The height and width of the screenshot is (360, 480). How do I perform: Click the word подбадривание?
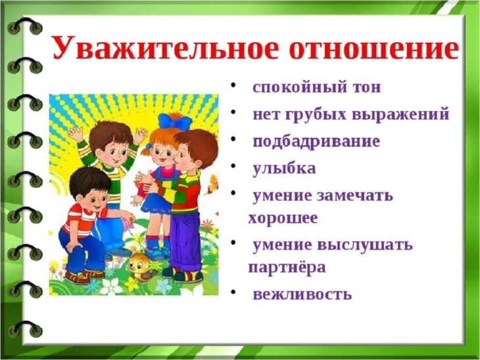[x=316, y=142]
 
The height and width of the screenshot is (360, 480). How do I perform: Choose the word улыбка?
[x=284, y=169]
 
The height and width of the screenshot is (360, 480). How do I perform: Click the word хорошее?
[x=283, y=218]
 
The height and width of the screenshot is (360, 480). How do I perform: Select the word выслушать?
[x=365, y=245]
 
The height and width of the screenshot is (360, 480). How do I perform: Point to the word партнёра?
[x=287, y=268]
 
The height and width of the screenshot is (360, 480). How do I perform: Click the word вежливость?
[x=302, y=294]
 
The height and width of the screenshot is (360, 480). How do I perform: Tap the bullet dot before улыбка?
[x=234, y=166]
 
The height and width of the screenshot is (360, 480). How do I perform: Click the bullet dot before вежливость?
[x=234, y=292]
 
